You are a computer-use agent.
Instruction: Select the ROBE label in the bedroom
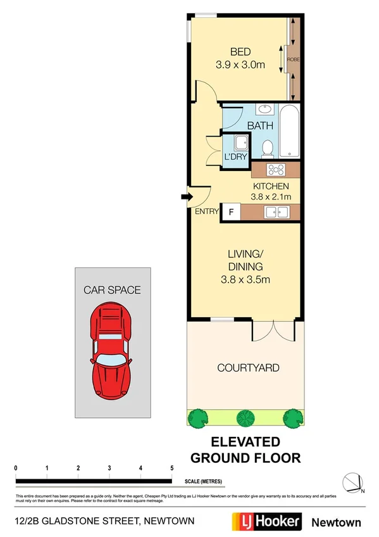(x=294, y=60)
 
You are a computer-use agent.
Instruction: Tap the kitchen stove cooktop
(x=276, y=170)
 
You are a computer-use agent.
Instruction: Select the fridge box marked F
(x=230, y=212)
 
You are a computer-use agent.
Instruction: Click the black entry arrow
(x=187, y=198)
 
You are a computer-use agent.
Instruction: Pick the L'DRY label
(x=235, y=156)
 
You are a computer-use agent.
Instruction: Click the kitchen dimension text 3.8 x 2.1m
(x=271, y=197)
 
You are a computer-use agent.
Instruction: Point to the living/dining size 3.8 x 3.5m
(x=245, y=278)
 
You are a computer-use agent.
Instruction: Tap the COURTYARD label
(x=248, y=368)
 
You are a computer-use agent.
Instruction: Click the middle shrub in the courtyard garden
(x=244, y=417)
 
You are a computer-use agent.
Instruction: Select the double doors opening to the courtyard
(x=273, y=329)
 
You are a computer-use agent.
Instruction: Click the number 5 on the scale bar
(x=172, y=468)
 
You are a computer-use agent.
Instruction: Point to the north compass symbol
(x=352, y=483)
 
